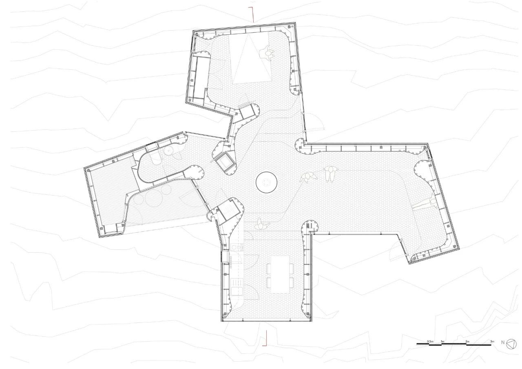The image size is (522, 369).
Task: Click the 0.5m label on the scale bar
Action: [430, 341]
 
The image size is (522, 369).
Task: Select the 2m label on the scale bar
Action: [467, 341]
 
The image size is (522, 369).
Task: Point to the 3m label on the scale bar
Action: [492, 341]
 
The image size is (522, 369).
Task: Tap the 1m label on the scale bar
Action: [442, 341]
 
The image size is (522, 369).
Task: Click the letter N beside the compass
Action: [502, 342]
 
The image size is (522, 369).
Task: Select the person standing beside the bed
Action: [268, 53]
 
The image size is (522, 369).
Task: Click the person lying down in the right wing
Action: [424, 204]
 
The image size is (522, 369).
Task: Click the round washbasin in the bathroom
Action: [168, 153]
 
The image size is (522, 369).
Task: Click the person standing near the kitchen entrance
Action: [259, 225]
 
